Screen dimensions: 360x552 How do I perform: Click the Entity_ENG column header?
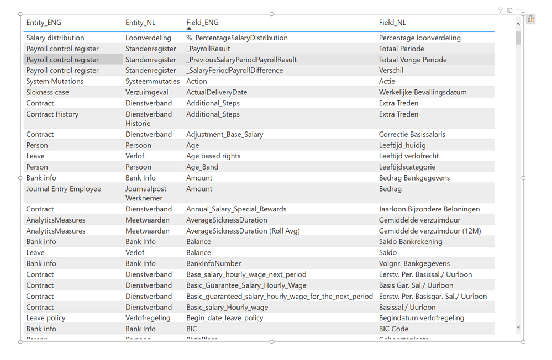point(44,23)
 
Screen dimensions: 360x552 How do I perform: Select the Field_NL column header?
point(392,23)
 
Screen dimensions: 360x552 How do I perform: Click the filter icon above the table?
point(500,10)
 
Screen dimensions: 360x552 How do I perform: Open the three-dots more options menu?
point(519,10)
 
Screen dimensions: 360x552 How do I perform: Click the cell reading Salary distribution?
point(55,38)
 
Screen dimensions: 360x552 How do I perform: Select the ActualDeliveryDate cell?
point(217,92)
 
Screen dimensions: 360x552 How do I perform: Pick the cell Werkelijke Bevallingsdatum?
point(423,92)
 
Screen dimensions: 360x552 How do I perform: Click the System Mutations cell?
point(55,81)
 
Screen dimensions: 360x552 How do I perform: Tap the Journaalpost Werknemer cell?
point(145,193)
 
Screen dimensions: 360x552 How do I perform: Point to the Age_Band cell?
point(202,167)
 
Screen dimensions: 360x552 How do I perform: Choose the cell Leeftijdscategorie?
point(407,167)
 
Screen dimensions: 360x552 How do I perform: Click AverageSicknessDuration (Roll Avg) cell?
point(243,231)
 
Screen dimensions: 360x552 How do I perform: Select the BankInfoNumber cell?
point(213,263)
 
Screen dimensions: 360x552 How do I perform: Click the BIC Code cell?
point(393,329)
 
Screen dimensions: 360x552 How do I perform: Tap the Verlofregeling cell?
point(148,318)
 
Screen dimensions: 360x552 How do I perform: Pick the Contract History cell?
point(52,114)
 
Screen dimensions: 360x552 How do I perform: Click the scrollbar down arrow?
point(518,327)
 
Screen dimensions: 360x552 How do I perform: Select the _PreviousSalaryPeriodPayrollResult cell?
point(241,60)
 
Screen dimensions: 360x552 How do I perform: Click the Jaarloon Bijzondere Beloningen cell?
point(429,209)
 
